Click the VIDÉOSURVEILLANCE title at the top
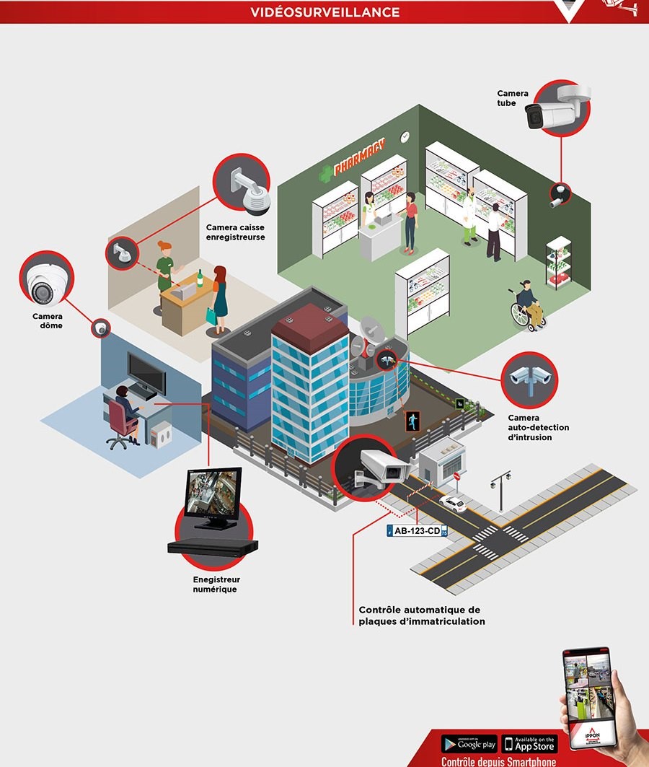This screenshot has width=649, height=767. coord(325,12)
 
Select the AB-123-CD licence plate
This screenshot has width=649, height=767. coord(418,531)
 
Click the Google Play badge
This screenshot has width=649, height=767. coord(469,744)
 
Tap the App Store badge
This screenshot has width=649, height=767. coord(530,744)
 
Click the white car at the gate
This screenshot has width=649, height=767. coord(453,503)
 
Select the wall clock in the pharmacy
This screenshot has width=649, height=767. coord(405,136)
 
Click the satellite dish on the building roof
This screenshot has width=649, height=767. coord(373,331)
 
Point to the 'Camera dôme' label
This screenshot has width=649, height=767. coord(48,320)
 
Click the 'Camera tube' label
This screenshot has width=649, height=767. coord(512,98)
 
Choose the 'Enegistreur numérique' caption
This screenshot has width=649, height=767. coord(216,584)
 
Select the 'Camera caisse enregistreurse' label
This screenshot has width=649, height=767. coord(236,232)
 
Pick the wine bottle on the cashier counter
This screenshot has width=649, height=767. coord(200,278)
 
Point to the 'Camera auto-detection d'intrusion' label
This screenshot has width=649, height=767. coord(539,427)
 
